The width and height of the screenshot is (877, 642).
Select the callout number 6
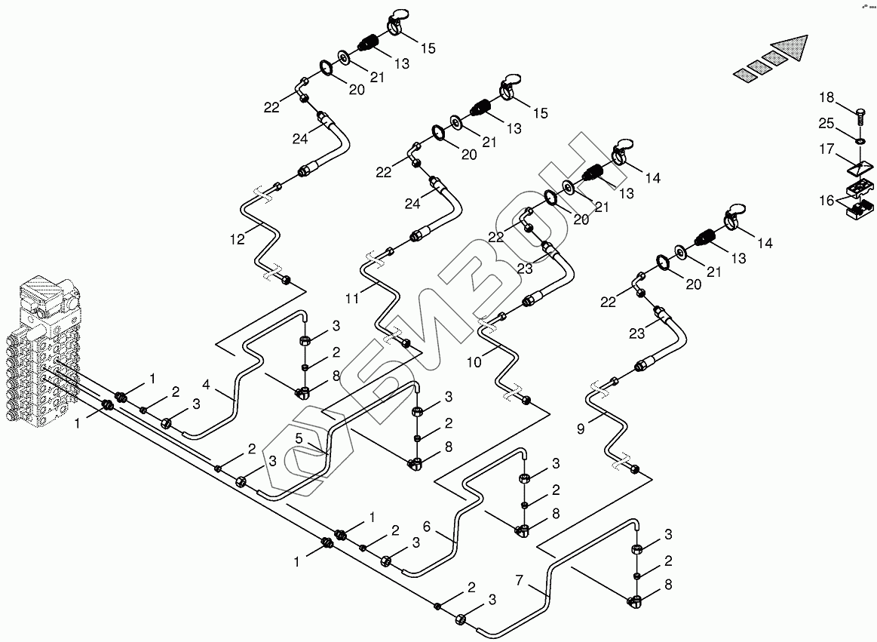[x=427, y=527]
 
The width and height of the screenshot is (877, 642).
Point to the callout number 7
[x=519, y=580]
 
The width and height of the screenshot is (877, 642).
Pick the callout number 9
[x=581, y=429]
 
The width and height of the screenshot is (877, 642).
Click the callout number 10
[x=474, y=361]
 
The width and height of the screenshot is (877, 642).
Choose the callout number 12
[x=238, y=239]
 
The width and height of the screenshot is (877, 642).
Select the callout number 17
[x=827, y=150]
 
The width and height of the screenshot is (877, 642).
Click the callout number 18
[x=827, y=97]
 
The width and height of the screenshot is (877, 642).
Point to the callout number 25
[x=827, y=123]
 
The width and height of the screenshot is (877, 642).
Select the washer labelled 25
[x=859, y=140]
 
